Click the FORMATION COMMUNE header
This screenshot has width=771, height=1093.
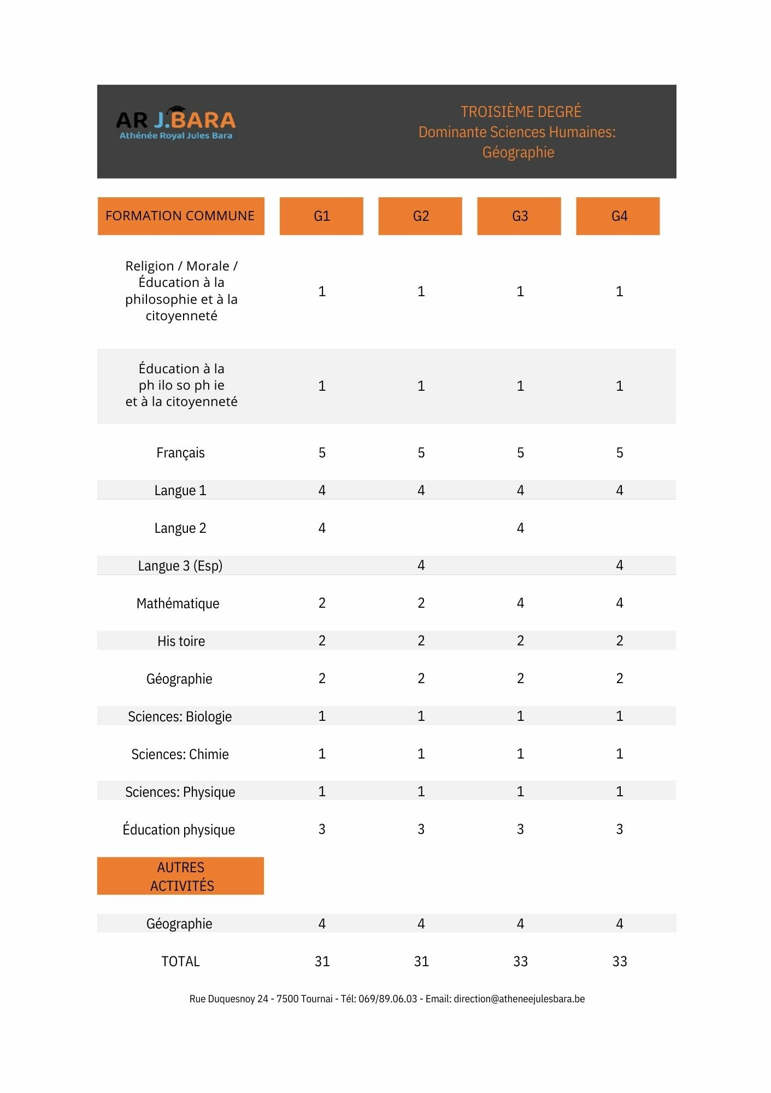[180, 216]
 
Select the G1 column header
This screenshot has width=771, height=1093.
[321, 216]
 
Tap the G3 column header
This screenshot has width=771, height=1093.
[519, 216]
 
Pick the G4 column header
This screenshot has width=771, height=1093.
[618, 216]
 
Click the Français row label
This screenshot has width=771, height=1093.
[180, 453]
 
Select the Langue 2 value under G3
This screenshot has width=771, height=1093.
[520, 528]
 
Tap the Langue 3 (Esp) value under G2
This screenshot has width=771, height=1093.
[421, 565]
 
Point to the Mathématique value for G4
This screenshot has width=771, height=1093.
[619, 603]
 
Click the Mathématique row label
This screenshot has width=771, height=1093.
[178, 603]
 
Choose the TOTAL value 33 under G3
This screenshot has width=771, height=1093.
[520, 961]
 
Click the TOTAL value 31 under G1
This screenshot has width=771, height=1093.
[322, 961]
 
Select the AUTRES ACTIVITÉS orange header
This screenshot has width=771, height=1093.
[181, 876]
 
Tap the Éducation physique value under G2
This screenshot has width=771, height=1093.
[421, 829]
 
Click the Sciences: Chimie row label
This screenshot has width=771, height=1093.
[180, 754]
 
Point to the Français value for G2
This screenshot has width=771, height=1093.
[421, 453]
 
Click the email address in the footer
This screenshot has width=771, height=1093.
[519, 999]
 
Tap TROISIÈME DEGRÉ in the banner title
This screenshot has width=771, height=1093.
[520, 111]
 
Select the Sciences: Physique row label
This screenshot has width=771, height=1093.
[180, 792]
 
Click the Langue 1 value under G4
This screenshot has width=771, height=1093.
[619, 490]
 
